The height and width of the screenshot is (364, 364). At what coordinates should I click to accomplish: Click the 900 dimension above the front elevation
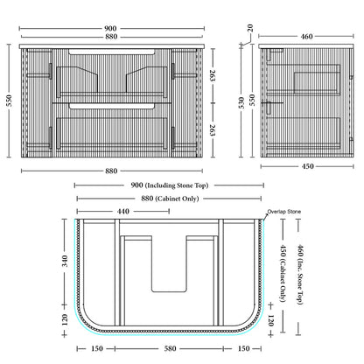(x=110, y=29)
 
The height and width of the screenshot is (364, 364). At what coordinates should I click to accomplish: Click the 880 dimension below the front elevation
(x=111, y=171)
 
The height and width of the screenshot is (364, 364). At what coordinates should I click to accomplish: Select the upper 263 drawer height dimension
(x=213, y=75)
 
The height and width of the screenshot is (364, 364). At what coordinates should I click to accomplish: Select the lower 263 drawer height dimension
(x=213, y=130)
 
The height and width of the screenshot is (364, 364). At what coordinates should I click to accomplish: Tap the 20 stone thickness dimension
(x=250, y=28)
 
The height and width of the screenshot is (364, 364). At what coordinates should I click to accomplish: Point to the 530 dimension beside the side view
(x=241, y=102)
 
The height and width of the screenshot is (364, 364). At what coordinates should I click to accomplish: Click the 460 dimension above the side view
(x=306, y=37)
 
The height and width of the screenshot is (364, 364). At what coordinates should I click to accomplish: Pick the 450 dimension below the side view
(x=307, y=166)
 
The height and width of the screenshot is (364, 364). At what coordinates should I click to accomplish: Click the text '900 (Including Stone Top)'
(x=170, y=185)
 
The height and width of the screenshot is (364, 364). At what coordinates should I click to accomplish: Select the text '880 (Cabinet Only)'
(x=170, y=199)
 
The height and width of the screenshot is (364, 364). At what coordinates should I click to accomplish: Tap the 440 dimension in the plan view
(x=123, y=211)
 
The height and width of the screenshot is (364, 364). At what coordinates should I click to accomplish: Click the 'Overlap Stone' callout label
(x=283, y=212)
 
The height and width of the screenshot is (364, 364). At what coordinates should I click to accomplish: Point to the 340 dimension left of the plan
(x=65, y=261)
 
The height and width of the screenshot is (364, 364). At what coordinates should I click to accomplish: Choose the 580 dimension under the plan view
(x=170, y=348)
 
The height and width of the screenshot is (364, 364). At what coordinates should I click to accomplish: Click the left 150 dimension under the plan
(x=97, y=348)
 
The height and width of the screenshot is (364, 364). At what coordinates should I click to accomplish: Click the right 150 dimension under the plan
(x=243, y=348)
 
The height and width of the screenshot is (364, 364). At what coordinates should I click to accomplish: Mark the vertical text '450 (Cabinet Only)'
(x=283, y=273)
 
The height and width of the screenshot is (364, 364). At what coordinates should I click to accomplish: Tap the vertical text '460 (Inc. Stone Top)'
(x=300, y=275)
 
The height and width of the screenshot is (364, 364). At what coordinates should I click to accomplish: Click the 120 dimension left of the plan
(x=65, y=319)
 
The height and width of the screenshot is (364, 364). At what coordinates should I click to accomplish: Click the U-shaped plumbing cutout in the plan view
(x=169, y=291)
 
